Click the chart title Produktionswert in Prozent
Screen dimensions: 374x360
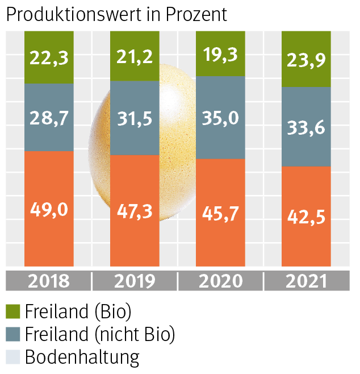[116, 15]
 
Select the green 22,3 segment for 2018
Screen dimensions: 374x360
[49, 57]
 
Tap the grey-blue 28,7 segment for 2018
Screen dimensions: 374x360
[49, 117]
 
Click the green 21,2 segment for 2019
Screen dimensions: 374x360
[135, 56]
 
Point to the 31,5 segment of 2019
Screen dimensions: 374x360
[135, 118]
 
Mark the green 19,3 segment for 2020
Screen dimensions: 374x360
[220, 53]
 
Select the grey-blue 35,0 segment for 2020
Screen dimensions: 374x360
[220, 118]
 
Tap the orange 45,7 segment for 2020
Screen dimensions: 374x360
[220, 213]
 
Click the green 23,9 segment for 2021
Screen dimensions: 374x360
[306, 59]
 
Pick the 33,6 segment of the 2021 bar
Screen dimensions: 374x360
[306, 127]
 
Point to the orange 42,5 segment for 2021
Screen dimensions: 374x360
[306, 216]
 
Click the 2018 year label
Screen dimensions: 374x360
[49, 281]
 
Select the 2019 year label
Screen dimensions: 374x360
[135, 281]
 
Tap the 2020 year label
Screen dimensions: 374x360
[220, 281]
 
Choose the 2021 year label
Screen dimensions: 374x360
[306, 281]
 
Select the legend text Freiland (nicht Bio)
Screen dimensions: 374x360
[100, 334]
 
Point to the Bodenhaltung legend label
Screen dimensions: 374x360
[82, 357]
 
